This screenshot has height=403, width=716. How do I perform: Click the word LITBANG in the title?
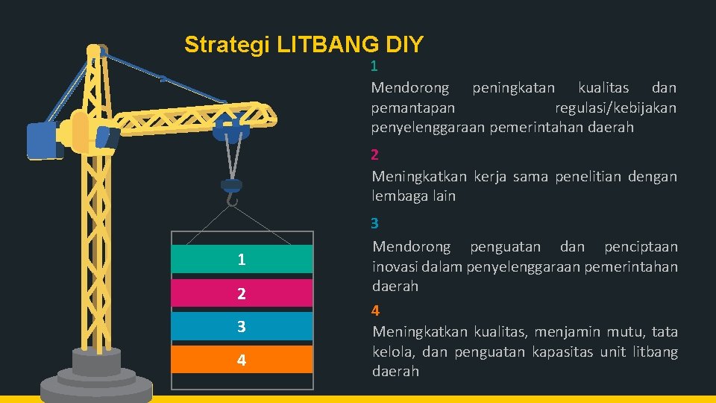coord(329,45)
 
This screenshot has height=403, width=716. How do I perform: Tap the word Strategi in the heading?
coord(227,45)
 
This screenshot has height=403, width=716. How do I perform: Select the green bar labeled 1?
coord(242,259)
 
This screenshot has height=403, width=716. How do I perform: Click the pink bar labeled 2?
coord(242,293)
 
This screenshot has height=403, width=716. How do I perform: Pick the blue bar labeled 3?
coord(242,326)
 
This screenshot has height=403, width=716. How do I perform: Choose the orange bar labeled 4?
coord(242,360)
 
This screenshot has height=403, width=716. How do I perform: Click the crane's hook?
coord(232,199)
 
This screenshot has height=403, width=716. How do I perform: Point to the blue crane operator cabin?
coord(44,141)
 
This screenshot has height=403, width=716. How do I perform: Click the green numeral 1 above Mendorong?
coord(374,66)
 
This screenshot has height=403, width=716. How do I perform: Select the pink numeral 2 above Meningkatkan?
coord(375,155)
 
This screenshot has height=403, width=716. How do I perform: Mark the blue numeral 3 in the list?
coord(375,223)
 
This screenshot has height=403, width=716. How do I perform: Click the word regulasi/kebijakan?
coord(616,108)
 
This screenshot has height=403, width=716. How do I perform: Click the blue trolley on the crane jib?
coord(230,131)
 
